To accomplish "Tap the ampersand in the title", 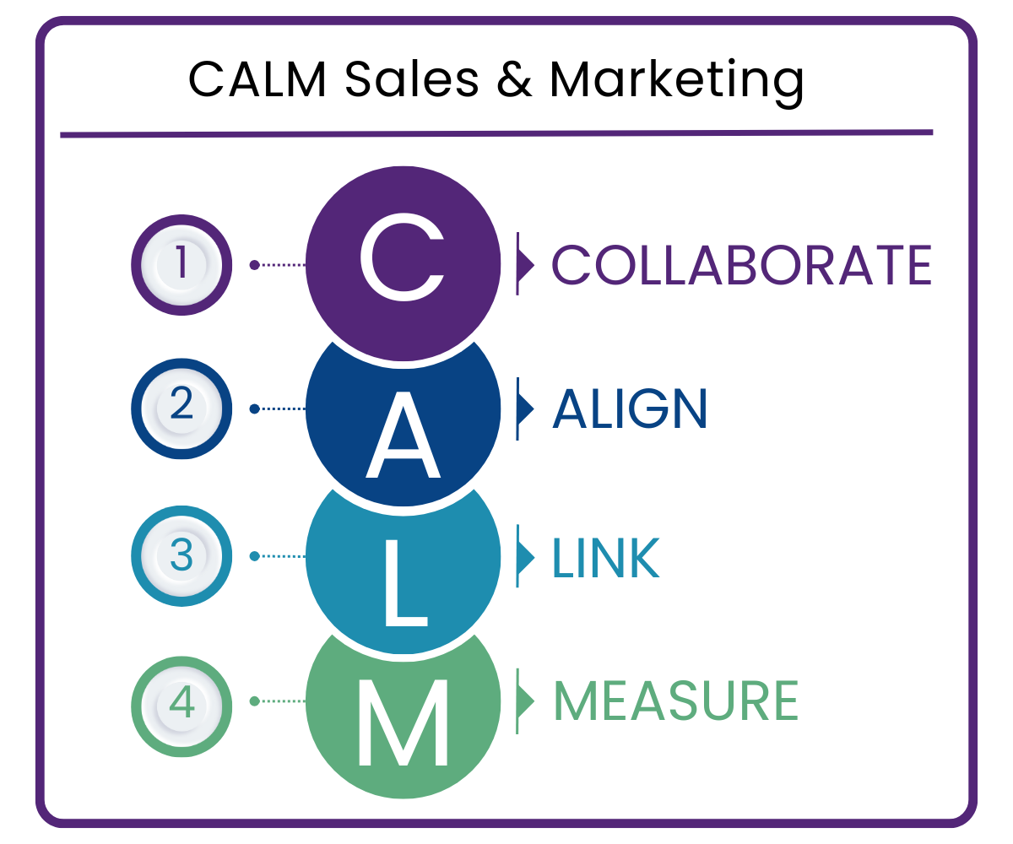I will [514, 80].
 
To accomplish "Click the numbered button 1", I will [181, 264].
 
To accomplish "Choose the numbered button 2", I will [181, 408].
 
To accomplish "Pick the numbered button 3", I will [181, 556].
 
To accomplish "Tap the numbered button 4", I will [181, 701].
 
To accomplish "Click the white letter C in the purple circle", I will [401, 262].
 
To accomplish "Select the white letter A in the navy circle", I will [403, 435].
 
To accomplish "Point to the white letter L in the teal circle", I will [405, 582].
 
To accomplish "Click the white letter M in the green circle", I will [403, 722].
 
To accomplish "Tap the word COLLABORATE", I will [742, 265].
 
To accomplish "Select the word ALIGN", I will [629, 409].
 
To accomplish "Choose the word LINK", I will [605, 557].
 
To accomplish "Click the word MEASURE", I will [675, 701].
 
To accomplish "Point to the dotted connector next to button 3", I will [279, 556].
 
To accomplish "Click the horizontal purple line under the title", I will [496, 133].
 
